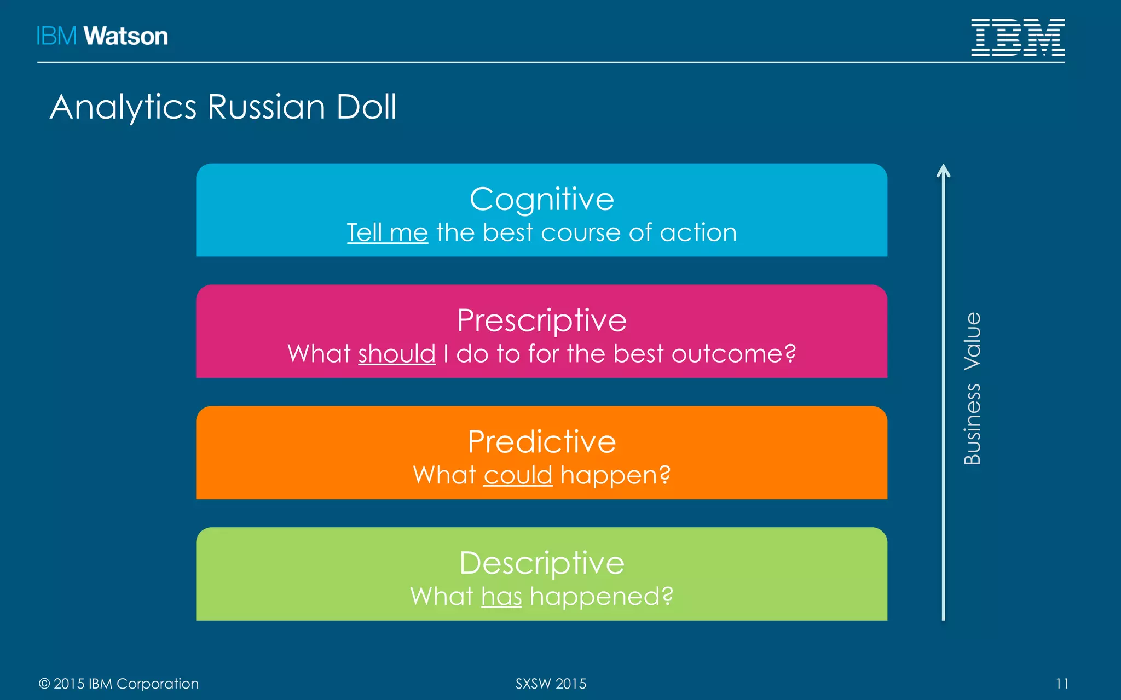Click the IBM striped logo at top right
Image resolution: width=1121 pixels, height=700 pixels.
[x=1018, y=37]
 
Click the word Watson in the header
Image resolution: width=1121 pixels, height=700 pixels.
[x=125, y=36]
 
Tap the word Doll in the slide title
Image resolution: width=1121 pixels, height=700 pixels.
[x=366, y=107]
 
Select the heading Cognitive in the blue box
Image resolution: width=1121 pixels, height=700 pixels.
[x=541, y=199]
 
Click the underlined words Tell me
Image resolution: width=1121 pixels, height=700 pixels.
[x=387, y=233]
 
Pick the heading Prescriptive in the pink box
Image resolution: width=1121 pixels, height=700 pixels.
[x=541, y=320]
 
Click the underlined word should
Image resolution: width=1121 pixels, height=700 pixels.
[x=397, y=354]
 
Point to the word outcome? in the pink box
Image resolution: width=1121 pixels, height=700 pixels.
[x=733, y=354]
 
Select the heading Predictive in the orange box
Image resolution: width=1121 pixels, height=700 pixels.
[x=541, y=442]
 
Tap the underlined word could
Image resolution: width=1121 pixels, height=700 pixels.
[x=518, y=475]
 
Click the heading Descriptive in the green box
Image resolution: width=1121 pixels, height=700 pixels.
[x=541, y=563]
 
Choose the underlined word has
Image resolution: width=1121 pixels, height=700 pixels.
[x=501, y=597]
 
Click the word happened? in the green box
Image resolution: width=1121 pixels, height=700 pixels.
[x=602, y=597]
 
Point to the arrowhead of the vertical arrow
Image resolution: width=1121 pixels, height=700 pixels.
[x=943, y=170]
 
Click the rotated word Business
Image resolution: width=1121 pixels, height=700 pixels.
[x=972, y=424]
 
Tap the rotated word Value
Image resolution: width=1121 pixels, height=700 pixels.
[x=972, y=341]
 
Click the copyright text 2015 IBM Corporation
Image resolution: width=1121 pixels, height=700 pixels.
[x=125, y=684]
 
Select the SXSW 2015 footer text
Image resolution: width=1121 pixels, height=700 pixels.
[x=551, y=684]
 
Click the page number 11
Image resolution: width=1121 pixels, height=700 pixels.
[x=1062, y=684]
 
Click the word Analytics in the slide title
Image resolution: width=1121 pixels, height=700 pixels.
[x=123, y=107]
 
